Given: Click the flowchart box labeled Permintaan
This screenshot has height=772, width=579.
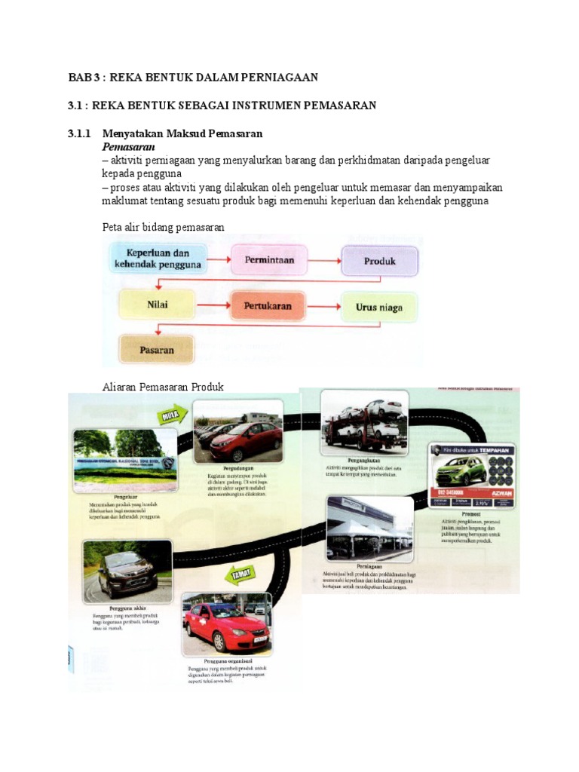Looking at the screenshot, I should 268,260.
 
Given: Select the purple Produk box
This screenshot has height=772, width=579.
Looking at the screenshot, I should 379,261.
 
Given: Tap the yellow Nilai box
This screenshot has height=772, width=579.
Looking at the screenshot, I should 156,305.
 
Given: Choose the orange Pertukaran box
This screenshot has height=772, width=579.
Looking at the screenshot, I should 268,306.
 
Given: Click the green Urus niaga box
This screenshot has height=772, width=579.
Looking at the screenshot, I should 378,307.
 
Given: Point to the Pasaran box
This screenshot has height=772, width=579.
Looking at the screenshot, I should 156,350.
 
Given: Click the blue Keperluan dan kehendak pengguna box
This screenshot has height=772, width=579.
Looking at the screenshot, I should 158,259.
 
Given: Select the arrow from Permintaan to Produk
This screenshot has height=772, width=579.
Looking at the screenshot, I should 324,261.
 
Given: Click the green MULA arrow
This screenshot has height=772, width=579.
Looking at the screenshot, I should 171,414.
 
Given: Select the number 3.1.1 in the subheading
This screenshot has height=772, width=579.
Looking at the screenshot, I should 79,133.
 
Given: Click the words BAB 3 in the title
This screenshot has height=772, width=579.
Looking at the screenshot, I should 84,77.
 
